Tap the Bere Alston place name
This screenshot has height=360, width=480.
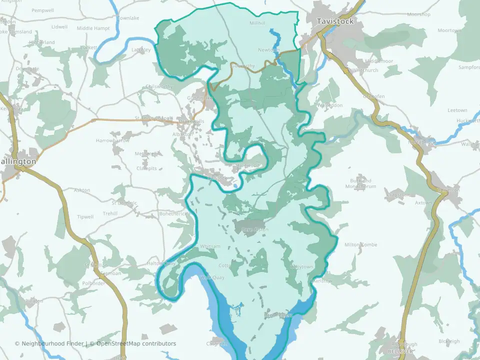[x=255, y=229]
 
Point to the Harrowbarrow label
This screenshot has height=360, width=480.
[x=112, y=140]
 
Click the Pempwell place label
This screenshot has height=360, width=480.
[x=42, y=10]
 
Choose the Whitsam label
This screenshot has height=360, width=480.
[x=210, y=246]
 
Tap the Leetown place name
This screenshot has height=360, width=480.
[x=457, y=110]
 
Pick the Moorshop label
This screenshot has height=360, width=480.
[x=418, y=14]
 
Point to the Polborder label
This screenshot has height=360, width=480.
[x=93, y=283]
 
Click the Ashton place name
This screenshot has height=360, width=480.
[x=82, y=190]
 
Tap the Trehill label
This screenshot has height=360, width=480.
[x=109, y=213]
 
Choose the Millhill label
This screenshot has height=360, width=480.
[x=258, y=23]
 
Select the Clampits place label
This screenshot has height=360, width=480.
[x=146, y=168]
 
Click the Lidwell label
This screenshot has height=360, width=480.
[x=59, y=26]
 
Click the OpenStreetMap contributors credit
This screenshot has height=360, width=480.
[x=136, y=343]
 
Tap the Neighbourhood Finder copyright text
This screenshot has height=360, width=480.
[x=50, y=343]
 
